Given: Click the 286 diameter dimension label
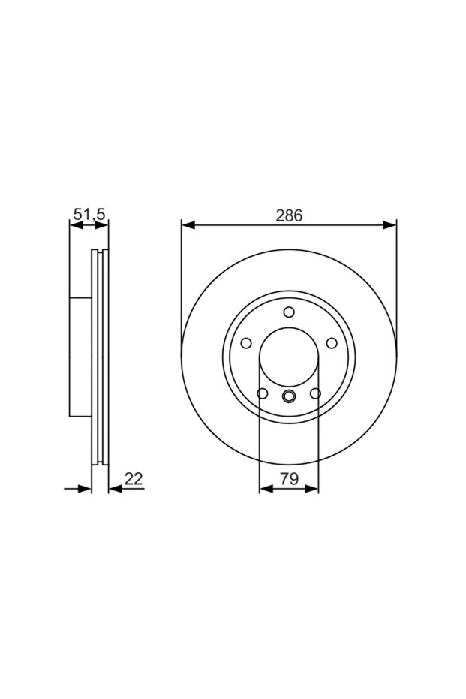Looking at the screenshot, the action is (289, 215).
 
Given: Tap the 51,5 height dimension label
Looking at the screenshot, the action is (89, 215).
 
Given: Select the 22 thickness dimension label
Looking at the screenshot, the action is (134, 479).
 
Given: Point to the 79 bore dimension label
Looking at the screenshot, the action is (289, 479).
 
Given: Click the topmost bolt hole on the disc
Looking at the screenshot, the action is (289, 312).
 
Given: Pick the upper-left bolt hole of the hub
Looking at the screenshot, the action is (246, 343).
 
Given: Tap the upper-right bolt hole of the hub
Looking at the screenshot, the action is (332, 343).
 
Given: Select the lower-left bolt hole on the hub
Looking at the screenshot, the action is (263, 393).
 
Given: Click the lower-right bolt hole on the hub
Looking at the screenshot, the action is (315, 393).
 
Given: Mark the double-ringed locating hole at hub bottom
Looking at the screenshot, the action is (289, 396).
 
